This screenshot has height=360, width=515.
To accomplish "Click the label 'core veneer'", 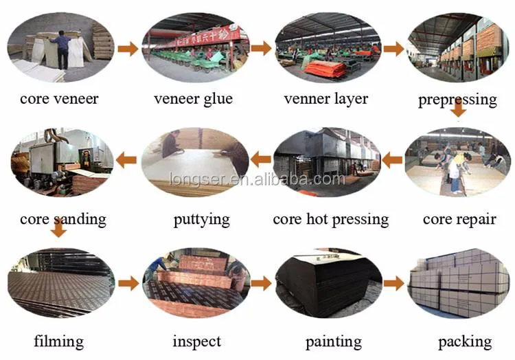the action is [x=59, y=99].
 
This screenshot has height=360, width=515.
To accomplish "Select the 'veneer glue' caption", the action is [x=193, y=99].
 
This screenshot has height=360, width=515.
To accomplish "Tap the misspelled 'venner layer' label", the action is [x=325, y=99].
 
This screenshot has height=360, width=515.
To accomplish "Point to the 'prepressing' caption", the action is [x=457, y=100].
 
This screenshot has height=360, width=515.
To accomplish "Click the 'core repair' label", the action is [x=459, y=220].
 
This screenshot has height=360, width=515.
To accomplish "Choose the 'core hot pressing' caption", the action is [x=330, y=220].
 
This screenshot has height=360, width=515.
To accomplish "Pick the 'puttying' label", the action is [x=201, y=220].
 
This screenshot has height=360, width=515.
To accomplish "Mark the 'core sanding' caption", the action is [x=63, y=220].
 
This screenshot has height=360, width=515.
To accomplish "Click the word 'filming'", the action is [x=58, y=341].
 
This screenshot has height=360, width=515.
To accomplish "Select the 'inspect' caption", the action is [x=197, y=341].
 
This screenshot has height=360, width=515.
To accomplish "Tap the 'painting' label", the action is [x=334, y=341].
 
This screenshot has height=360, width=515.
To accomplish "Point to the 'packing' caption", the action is [x=464, y=341].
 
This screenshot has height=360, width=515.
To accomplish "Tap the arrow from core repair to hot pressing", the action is [x=392, y=161].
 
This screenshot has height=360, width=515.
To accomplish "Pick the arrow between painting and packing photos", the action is [x=393, y=283].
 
